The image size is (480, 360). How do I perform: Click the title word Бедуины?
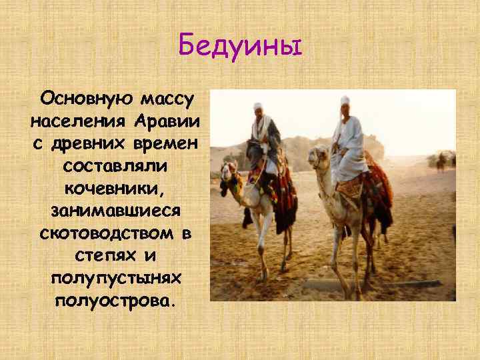(240, 47)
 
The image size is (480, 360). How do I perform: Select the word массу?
(167, 100)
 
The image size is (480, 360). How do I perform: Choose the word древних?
(94, 144)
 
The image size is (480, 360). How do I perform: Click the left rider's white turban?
(257, 106)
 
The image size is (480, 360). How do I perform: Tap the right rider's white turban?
(345, 101)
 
